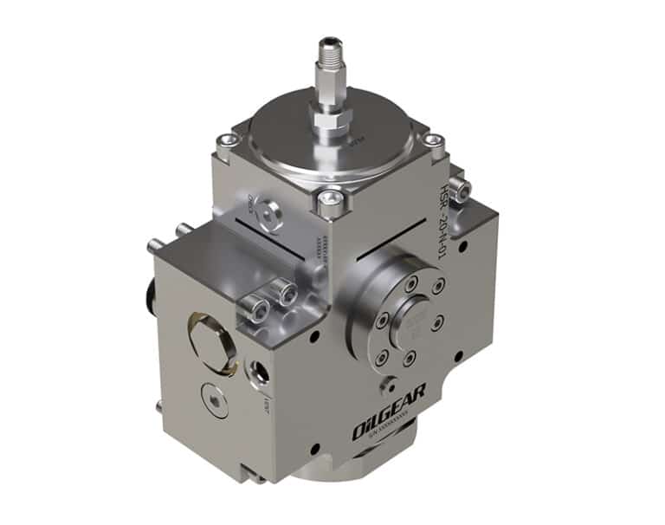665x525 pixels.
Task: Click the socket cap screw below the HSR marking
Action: point(459,187)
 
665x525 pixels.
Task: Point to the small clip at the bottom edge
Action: point(252,474)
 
